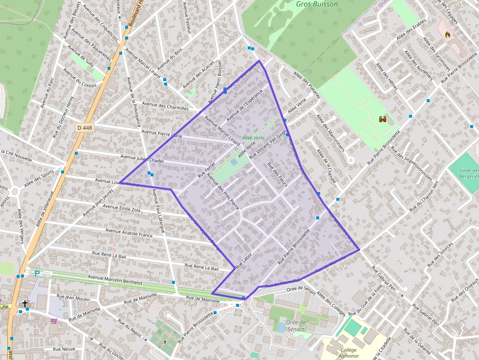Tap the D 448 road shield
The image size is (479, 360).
(85, 127)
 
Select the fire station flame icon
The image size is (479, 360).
(447, 35)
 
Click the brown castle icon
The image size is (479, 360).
(383, 119)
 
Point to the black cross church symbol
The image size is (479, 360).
(25, 304)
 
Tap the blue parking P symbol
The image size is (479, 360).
(37, 274)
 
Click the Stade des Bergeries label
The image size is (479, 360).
(468, 173)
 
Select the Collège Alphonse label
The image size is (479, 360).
(348, 353)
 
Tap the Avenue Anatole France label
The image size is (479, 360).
(129, 233)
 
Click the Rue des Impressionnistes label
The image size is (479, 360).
(414, 166)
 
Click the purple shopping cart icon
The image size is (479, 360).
(54, 321)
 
